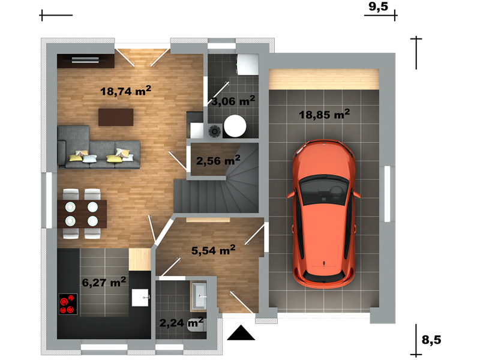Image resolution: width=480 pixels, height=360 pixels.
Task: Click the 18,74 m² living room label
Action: pyautogui.click(x=125, y=91)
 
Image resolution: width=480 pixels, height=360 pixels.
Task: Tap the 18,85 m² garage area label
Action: pyautogui.click(x=324, y=114)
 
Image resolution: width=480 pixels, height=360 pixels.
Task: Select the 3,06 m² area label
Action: pyautogui.click(x=233, y=101)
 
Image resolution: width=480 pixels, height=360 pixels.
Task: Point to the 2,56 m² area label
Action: pyautogui.click(x=218, y=160)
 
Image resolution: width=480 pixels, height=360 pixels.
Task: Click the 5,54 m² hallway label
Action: pyautogui.click(x=214, y=250)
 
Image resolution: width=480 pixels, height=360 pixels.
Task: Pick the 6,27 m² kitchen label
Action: pyautogui.click(x=104, y=282)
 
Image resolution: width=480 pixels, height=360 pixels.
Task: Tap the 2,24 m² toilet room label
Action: pyautogui.click(x=182, y=322)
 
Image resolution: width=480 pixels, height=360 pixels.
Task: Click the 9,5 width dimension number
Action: pyautogui.click(x=378, y=7)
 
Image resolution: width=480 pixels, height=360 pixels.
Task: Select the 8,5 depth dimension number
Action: pyautogui.click(x=431, y=340)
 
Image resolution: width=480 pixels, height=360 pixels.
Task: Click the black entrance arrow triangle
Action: pyautogui.click(x=241, y=334)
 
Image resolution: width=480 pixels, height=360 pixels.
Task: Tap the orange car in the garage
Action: pyautogui.click(x=324, y=214)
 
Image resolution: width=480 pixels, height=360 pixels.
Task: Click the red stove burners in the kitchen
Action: pyautogui.click(x=68, y=304)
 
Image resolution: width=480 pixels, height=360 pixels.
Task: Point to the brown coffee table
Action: pyautogui.click(x=116, y=117)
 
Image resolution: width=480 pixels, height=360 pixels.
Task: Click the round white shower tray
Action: pyautogui.click(x=235, y=126)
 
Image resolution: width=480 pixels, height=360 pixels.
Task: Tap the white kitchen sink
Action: pyautogui.click(x=140, y=298)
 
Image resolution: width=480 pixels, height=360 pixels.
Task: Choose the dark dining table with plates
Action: pyautogui.click(x=82, y=214)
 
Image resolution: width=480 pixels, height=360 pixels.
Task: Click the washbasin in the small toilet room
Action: pyautogui.click(x=199, y=296)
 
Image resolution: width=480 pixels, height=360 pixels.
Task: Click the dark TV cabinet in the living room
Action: pyautogui.click(x=86, y=61)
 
